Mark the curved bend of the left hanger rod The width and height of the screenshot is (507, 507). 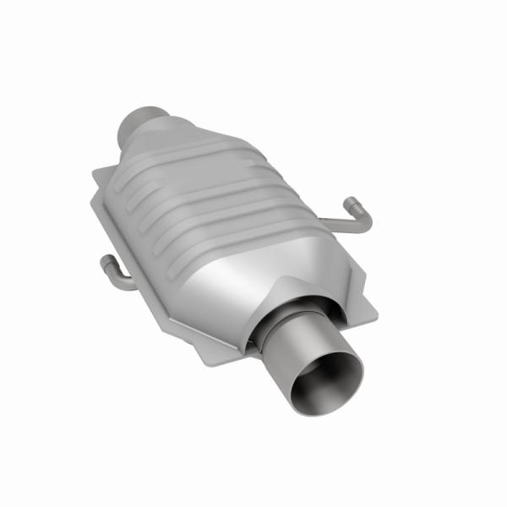117,281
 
